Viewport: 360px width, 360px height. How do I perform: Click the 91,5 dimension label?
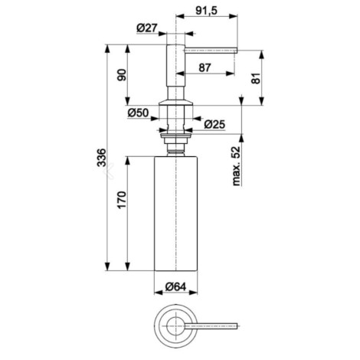tap(206, 11)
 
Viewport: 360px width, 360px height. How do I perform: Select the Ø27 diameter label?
tap(147, 28)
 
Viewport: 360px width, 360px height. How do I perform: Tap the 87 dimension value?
tap(205, 68)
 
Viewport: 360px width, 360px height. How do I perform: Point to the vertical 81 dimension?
tap(257, 78)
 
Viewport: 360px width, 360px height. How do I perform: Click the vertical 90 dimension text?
tap(122, 75)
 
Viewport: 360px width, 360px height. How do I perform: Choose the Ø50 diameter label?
tap(138, 113)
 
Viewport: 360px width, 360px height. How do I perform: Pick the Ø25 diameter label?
tap(214, 124)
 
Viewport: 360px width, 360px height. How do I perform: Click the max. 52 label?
tap(237, 165)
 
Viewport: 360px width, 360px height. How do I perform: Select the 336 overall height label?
tap(101, 157)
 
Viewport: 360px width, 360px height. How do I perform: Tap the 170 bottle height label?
tap(122, 200)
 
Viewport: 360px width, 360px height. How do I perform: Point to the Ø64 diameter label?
tap(175, 286)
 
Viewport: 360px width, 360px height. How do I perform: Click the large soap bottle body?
tap(176, 213)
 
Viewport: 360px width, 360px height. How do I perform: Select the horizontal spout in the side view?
tap(211, 51)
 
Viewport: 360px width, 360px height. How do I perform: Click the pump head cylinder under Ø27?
tap(175, 66)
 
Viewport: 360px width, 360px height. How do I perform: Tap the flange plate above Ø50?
tap(175, 103)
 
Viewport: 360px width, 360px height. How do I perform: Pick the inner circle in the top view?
tap(175, 326)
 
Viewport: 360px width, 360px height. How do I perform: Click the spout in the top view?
tap(211, 326)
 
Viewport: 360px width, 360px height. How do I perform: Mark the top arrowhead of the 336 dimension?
tap(108, 49)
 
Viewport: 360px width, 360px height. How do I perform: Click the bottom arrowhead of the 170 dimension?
tap(128, 267)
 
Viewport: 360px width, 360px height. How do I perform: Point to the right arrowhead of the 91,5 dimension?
tap(233, 16)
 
